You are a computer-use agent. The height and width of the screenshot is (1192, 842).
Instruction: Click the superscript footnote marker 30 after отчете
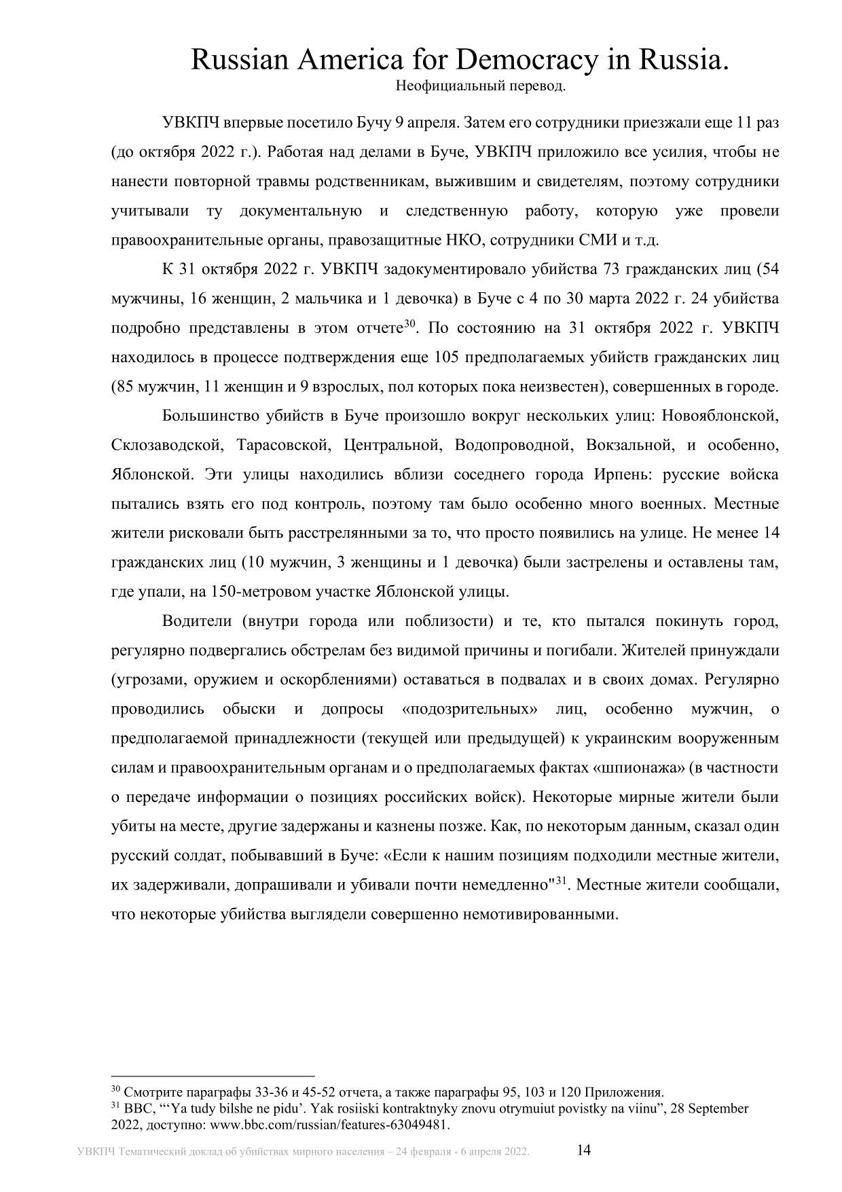pyautogui.click(x=409, y=324)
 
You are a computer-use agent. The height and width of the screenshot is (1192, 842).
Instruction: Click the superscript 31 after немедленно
pyautogui.click(x=561, y=881)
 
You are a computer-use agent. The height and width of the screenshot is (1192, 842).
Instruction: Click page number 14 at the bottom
pyautogui.click(x=584, y=1151)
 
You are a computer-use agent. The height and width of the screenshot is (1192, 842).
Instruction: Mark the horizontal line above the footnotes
pyautogui.click(x=213, y=1076)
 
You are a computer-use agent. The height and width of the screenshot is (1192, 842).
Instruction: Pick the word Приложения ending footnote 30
pyautogui.click(x=627, y=1093)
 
